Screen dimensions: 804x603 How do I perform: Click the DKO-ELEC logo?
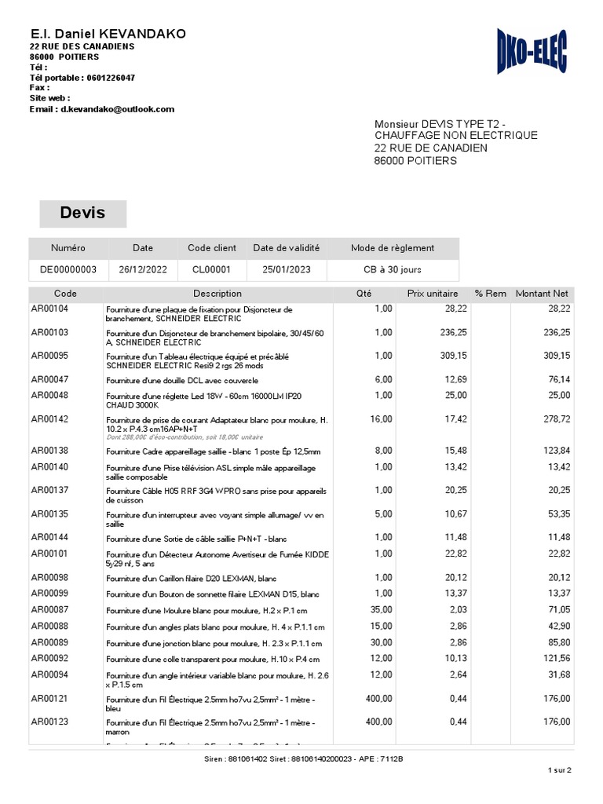tap(532, 52)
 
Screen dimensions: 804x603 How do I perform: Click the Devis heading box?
tap(82, 213)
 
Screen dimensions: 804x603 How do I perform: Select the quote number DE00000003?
tap(68, 269)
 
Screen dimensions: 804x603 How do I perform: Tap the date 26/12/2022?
tap(143, 269)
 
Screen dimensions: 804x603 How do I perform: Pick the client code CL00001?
tap(212, 269)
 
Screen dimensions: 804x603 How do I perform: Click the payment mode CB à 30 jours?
tap(392, 269)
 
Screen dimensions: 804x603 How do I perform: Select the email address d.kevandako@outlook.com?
tap(115, 109)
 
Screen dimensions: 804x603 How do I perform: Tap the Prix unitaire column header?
tap(433, 294)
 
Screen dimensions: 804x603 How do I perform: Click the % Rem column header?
tap(491, 294)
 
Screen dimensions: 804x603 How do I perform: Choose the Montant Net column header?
tap(542, 294)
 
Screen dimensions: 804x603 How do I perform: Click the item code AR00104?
tap(49, 309)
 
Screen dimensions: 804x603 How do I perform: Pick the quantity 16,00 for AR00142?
tap(382, 419)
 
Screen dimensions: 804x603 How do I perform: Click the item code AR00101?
tap(49, 554)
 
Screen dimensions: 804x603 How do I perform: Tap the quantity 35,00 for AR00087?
tap(382, 610)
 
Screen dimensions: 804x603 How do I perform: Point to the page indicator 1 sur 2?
tap(560, 770)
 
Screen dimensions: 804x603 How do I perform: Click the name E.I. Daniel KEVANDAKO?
tap(108, 34)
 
